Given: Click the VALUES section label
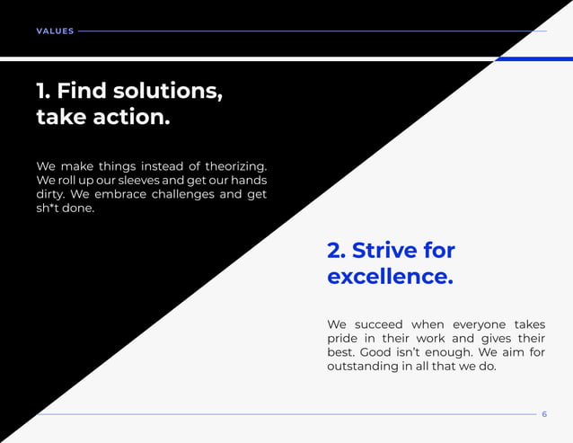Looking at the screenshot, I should click(55, 31).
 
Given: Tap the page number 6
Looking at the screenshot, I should click(544, 414).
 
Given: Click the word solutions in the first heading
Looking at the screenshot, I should click(165, 91).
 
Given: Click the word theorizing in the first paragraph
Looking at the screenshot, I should click(236, 166).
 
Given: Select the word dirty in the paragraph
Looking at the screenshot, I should click(51, 194).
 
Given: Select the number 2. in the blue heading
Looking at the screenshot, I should click(337, 250).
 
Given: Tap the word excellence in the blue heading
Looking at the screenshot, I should click(389, 277).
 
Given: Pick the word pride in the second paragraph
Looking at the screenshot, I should click(343, 339).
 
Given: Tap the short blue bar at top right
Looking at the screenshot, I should click(533, 58).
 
